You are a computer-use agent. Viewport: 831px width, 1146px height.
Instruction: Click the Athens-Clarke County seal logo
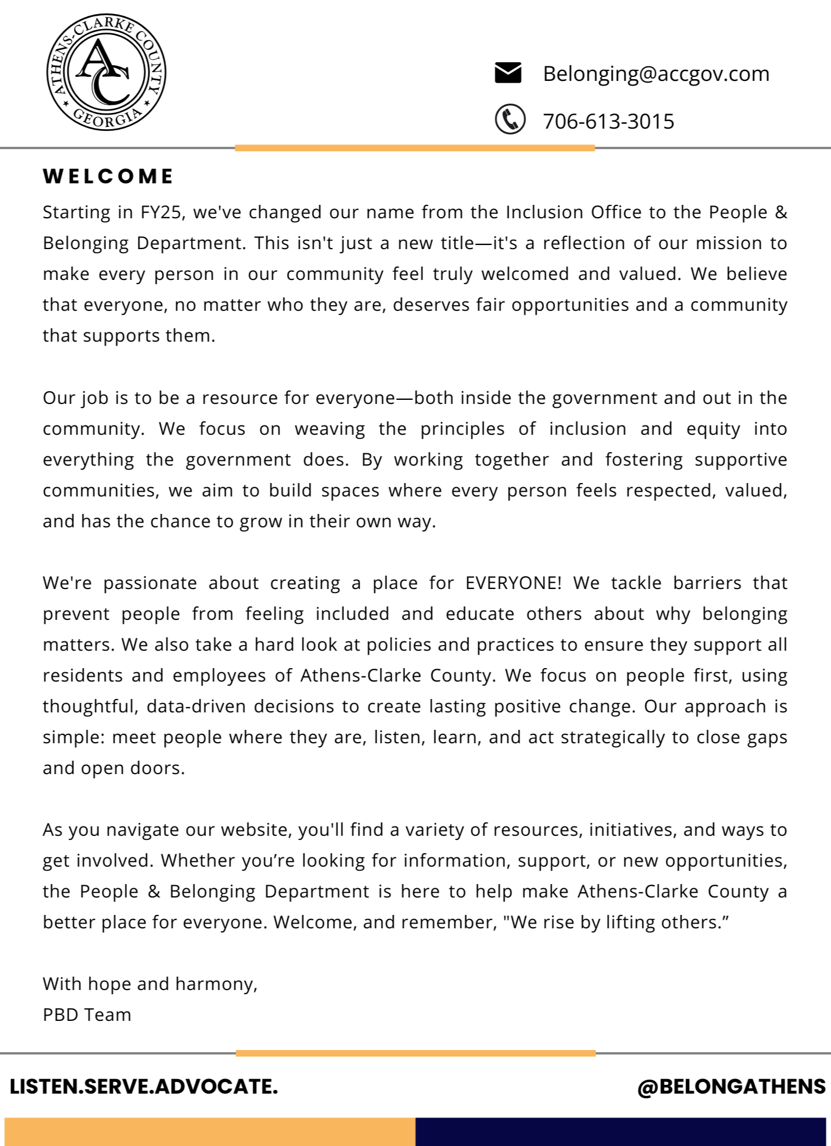tap(106, 72)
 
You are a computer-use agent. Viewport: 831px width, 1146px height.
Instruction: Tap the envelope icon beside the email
tap(507, 73)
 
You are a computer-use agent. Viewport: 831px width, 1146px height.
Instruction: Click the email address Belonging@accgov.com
tap(656, 73)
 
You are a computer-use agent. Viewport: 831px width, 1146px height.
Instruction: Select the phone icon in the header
tap(510, 119)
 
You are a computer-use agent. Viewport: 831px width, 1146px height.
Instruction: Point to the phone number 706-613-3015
tap(608, 121)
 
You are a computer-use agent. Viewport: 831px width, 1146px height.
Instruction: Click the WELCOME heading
tap(108, 176)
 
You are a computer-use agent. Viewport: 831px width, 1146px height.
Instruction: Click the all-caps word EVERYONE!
tap(514, 583)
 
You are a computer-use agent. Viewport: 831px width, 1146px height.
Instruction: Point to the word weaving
tap(329, 428)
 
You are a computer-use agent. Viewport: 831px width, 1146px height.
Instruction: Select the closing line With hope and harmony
tap(150, 984)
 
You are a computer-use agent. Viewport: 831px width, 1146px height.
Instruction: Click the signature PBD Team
tap(87, 1014)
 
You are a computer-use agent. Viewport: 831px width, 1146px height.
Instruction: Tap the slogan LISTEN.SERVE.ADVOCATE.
tap(144, 1086)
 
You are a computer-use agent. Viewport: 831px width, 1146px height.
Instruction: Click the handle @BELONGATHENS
tap(731, 1086)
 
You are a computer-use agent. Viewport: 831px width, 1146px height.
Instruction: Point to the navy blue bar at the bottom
tap(620, 1131)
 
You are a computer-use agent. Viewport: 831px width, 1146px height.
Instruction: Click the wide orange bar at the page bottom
tap(209, 1131)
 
